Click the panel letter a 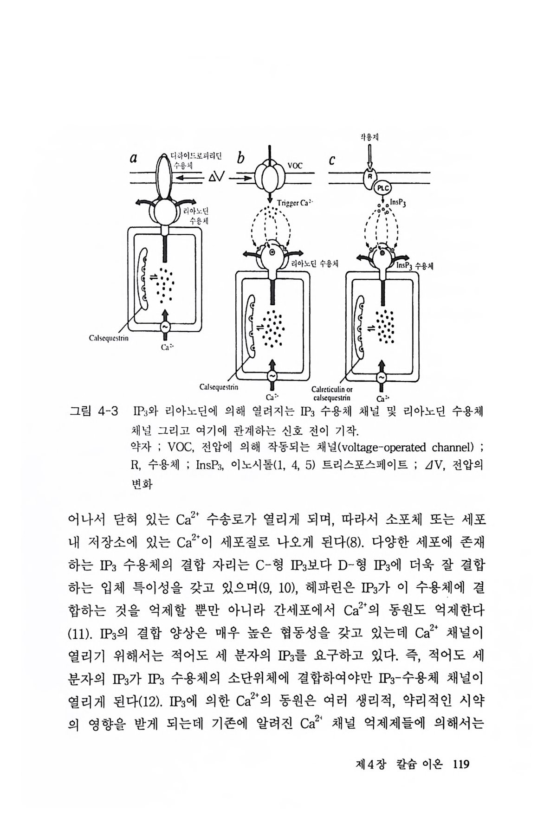click(134, 159)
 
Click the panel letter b click(240, 159)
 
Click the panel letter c click(332, 161)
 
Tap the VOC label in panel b click(295, 165)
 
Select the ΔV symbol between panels click(216, 177)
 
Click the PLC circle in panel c click(384, 187)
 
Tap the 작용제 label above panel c click(369, 137)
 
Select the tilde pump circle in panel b click(272, 375)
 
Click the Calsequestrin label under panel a click(109, 338)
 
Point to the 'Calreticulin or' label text click(332, 390)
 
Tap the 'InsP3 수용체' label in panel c click(415, 266)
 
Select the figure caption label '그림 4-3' click(93, 411)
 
